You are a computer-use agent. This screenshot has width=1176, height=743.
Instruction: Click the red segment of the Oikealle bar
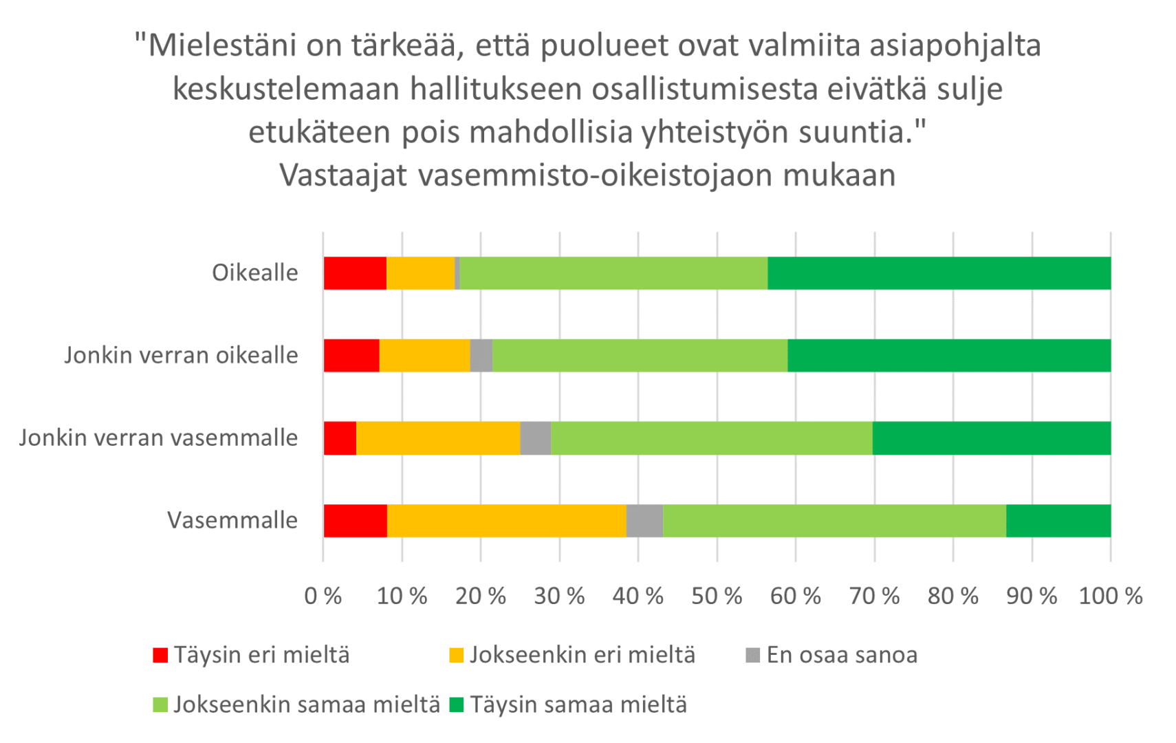point(355,273)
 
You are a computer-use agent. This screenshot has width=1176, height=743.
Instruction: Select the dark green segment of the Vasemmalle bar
point(1058,521)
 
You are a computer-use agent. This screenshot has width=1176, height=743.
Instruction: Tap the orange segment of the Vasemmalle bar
point(506,521)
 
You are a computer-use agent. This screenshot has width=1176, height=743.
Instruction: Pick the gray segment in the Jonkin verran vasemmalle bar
point(535,438)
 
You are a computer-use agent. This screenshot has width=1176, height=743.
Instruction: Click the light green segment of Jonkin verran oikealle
point(640,356)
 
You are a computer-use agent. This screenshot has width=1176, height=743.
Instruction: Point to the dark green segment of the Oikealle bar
point(939,273)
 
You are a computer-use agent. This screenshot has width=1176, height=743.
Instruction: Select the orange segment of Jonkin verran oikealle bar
point(424,356)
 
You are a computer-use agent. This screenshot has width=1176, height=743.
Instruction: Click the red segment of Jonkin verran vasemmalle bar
point(340,438)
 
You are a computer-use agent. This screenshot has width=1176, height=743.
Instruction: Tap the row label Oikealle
point(254,273)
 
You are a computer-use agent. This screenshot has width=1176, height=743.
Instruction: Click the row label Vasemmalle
point(232,521)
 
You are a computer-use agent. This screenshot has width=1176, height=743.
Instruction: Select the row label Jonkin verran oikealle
point(181,356)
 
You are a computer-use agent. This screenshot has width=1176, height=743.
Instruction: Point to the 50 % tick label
point(717,596)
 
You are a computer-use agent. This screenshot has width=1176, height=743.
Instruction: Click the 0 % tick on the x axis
point(323,596)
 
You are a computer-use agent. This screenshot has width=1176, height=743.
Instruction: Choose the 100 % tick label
point(1110,596)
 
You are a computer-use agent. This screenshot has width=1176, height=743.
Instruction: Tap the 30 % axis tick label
point(559,596)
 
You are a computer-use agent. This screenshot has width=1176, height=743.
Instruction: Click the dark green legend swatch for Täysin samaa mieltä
point(456,705)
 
